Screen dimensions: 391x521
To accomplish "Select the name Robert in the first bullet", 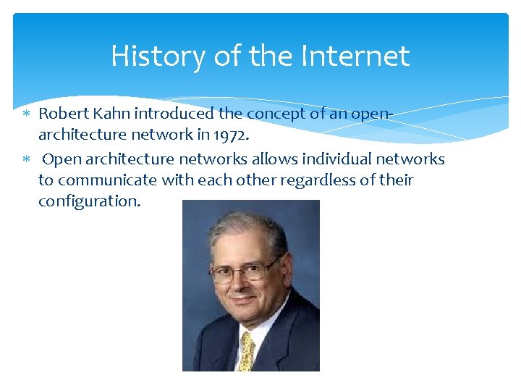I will [61, 114].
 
